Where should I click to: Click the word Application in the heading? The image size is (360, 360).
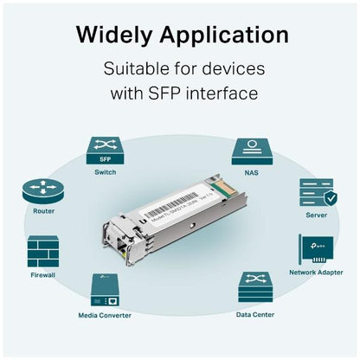tap(227, 35)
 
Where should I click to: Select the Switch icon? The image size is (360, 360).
tap(105, 150)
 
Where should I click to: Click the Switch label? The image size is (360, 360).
tap(105, 172)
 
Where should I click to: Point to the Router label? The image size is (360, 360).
tap(43, 211)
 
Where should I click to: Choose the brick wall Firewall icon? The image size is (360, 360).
tap(43, 251)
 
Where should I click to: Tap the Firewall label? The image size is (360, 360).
tap(43, 275)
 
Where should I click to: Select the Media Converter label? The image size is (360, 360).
tap(106, 315)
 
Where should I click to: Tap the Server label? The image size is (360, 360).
tap(317, 215)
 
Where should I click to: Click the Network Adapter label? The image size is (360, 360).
tap(317, 272)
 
